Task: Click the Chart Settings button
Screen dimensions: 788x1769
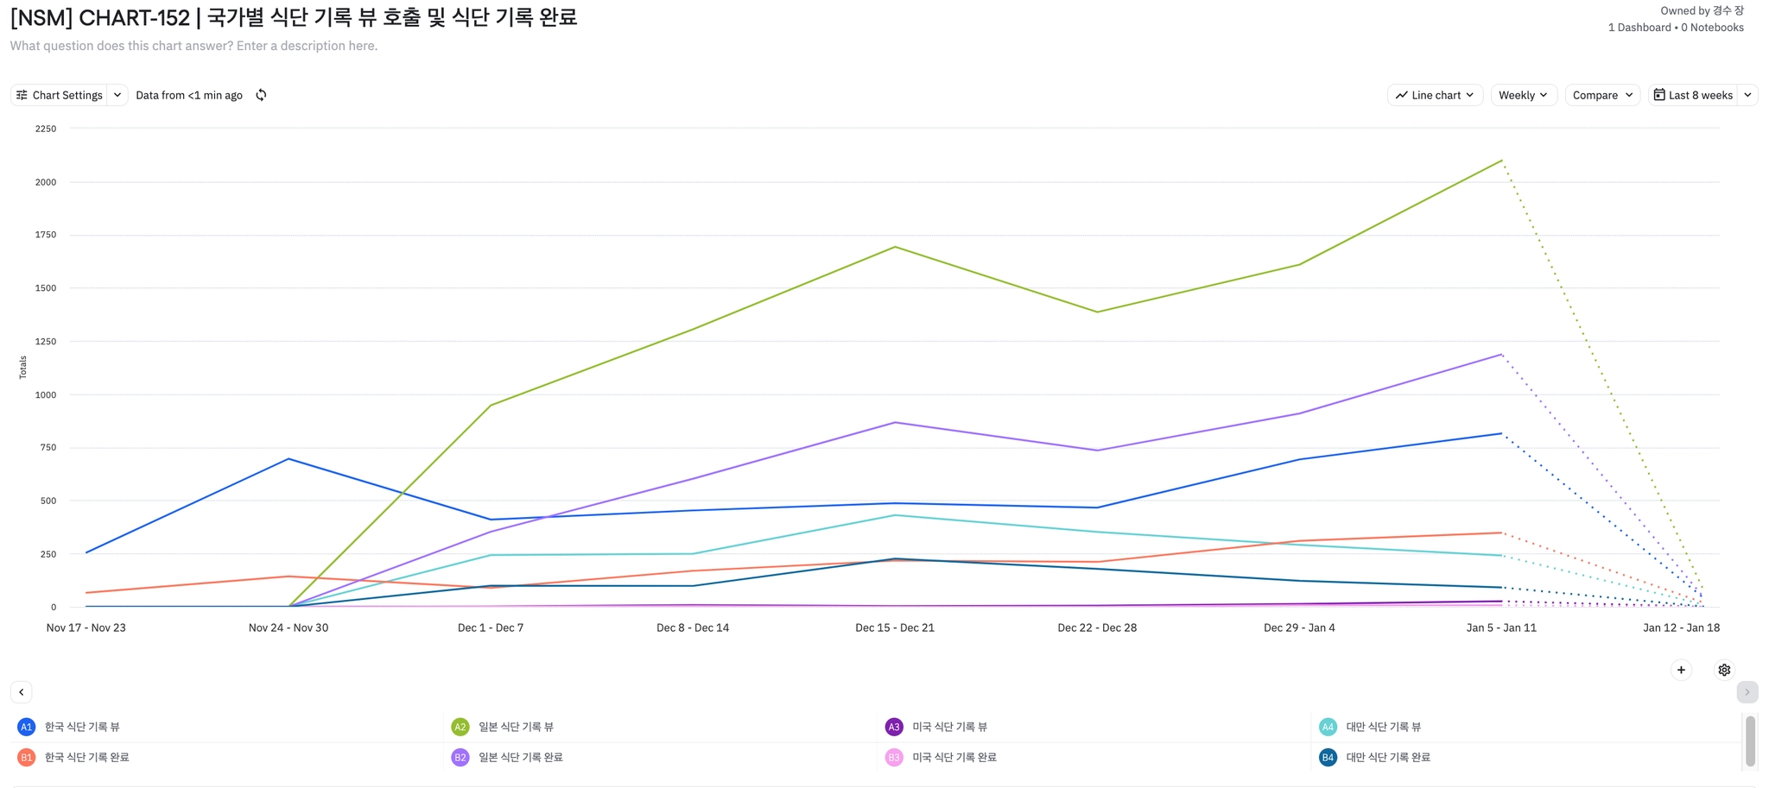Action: pyautogui.click(x=60, y=95)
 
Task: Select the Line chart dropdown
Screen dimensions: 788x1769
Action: pyautogui.click(x=1435, y=95)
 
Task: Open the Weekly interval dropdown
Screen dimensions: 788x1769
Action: pyautogui.click(x=1523, y=95)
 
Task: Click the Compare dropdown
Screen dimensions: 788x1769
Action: pyautogui.click(x=1602, y=95)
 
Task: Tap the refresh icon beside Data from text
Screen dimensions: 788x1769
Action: pyautogui.click(x=261, y=95)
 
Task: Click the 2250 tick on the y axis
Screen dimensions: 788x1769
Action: pyautogui.click(x=46, y=129)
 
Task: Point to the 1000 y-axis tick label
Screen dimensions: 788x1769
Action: pyautogui.click(x=46, y=394)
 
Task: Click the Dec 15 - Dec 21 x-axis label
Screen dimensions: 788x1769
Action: pyautogui.click(x=895, y=627)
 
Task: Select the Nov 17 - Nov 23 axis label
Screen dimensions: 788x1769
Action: pyautogui.click(x=86, y=627)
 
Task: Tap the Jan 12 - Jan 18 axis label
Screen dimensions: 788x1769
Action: pyautogui.click(x=1681, y=627)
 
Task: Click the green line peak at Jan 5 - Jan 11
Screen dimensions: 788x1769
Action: pyautogui.click(x=1502, y=161)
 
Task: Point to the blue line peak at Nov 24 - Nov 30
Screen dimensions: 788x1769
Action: pyautogui.click(x=288, y=459)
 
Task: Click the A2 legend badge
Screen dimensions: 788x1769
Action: pyautogui.click(x=460, y=727)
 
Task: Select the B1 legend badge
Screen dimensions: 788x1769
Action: pyautogui.click(x=27, y=757)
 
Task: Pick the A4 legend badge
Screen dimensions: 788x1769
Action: pyautogui.click(x=1328, y=727)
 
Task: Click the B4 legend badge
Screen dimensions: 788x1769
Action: pyautogui.click(x=1328, y=757)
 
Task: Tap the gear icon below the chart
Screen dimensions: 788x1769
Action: pyautogui.click(x=1724, y=670)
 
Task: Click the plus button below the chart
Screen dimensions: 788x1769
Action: pyautogui.click(x=1681, y=670)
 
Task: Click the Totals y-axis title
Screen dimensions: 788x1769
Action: pyautogui.click(x=23, y=367)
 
